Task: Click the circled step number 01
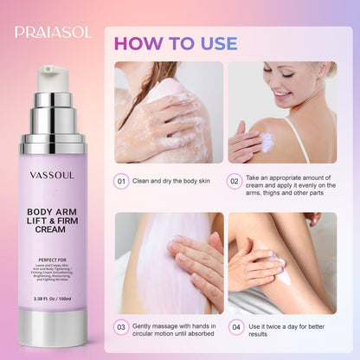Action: click(124, 182)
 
